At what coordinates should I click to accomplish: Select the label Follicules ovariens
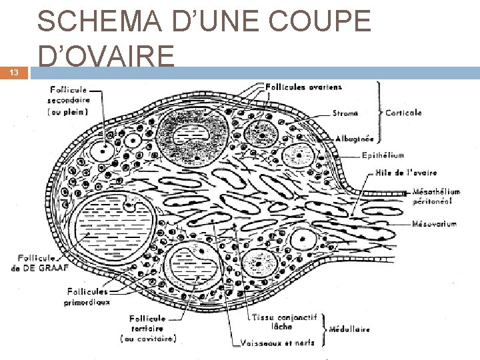pos(304,86)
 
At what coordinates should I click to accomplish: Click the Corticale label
pos(404,113)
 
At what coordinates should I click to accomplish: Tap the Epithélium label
pos(383,155)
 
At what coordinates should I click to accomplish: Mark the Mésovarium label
pos(435,223)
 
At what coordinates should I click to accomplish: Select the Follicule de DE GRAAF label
pos(40,263)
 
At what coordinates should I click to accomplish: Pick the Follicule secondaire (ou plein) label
pos(74,102)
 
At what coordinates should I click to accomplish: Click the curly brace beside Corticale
pos(380,113)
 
